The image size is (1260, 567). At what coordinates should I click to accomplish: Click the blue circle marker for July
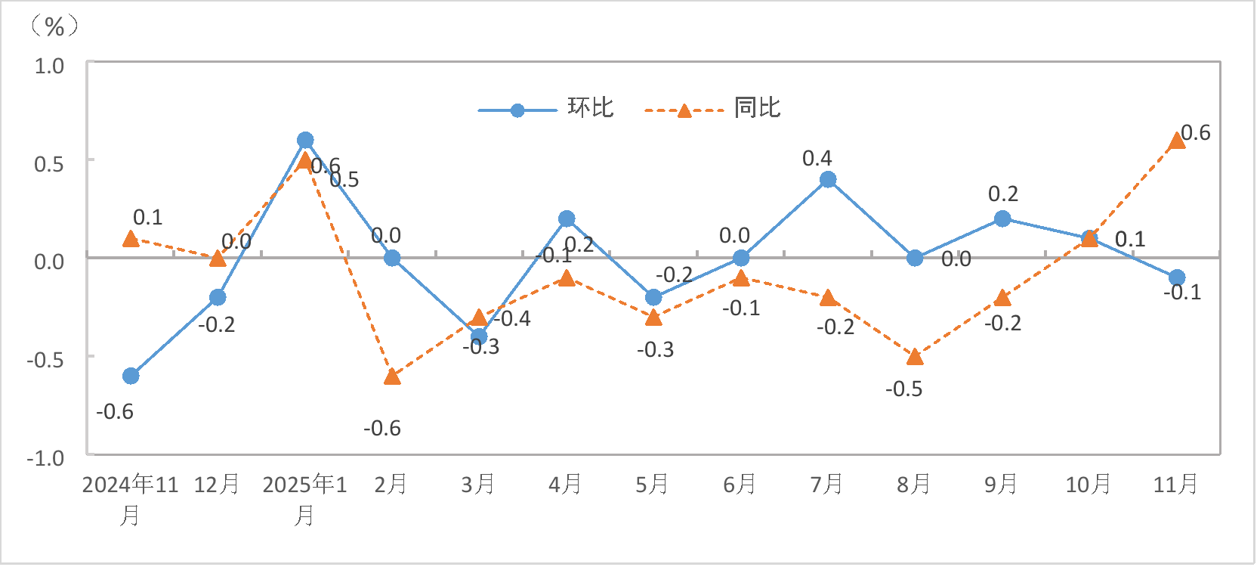pyautogui.click(x=828, y=179)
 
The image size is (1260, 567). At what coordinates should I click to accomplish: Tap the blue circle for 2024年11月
pyautogui.click(x=131, y=376)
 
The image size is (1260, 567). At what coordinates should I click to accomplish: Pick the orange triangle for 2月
pyautogui.click(x=392, y=376)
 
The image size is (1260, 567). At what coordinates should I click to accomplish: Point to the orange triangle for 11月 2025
pyautogui.click(x=1176, y=141)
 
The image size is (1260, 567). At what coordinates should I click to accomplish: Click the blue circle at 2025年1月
pyautogui.click(x=305, y=140)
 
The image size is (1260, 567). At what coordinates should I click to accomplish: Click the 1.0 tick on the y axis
pyautogui.click(x=49, y=66)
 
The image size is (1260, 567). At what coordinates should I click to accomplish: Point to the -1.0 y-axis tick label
pyautogui.click(x=45, y=458)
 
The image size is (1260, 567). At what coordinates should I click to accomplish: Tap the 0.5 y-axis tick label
pyautogui.click(x=49, y=163)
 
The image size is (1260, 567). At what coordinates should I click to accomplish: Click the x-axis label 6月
pyautogui.click(x=740, y=484)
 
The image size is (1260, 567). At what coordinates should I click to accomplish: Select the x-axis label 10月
pyautogui.click(x=1088, y=484)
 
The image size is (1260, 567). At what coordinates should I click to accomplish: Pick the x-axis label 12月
pyautogui.click(x=217, y=484)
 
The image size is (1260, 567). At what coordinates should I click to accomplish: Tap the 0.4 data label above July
pyautogui.click(x=817, y=158)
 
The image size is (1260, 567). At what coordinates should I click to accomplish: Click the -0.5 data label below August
pyautogui.click(x=903, y=389)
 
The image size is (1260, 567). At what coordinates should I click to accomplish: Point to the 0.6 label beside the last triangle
pyautogui.click(x=1195, y=133)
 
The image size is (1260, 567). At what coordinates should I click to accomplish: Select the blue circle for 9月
pyautogui.click(x=1002, y=218)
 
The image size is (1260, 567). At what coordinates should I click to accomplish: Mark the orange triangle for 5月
pyautogui.click(x=654, y=318)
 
